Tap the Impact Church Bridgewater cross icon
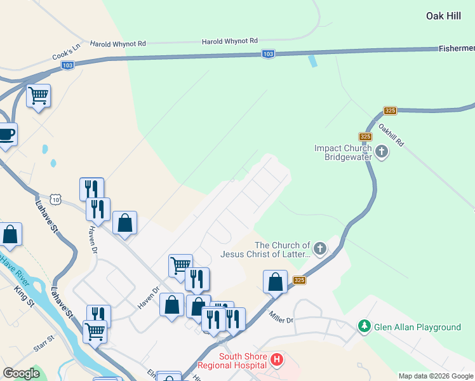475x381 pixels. click(x=381, y=152)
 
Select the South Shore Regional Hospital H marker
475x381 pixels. click(x=277, y=361)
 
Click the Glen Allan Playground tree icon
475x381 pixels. click(x=364, y=326)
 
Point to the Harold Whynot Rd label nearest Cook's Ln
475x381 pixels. click(x=118, y=44)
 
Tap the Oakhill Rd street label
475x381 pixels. click(x=391, y=135)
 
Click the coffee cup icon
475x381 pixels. click(x=6, y=135)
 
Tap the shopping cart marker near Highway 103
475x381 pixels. click(x=39, y=96)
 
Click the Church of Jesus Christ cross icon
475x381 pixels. click(x=320, y=248)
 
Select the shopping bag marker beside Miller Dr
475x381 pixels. click(x=276, y=282)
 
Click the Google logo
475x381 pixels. click(x=21, y=373)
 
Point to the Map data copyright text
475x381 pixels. click(x=436, y=376)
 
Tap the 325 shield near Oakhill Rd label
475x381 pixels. click(x=390, y=110)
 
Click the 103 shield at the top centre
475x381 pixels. click(x=269, y=55)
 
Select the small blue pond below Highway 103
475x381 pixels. click(x=312, y=61)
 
